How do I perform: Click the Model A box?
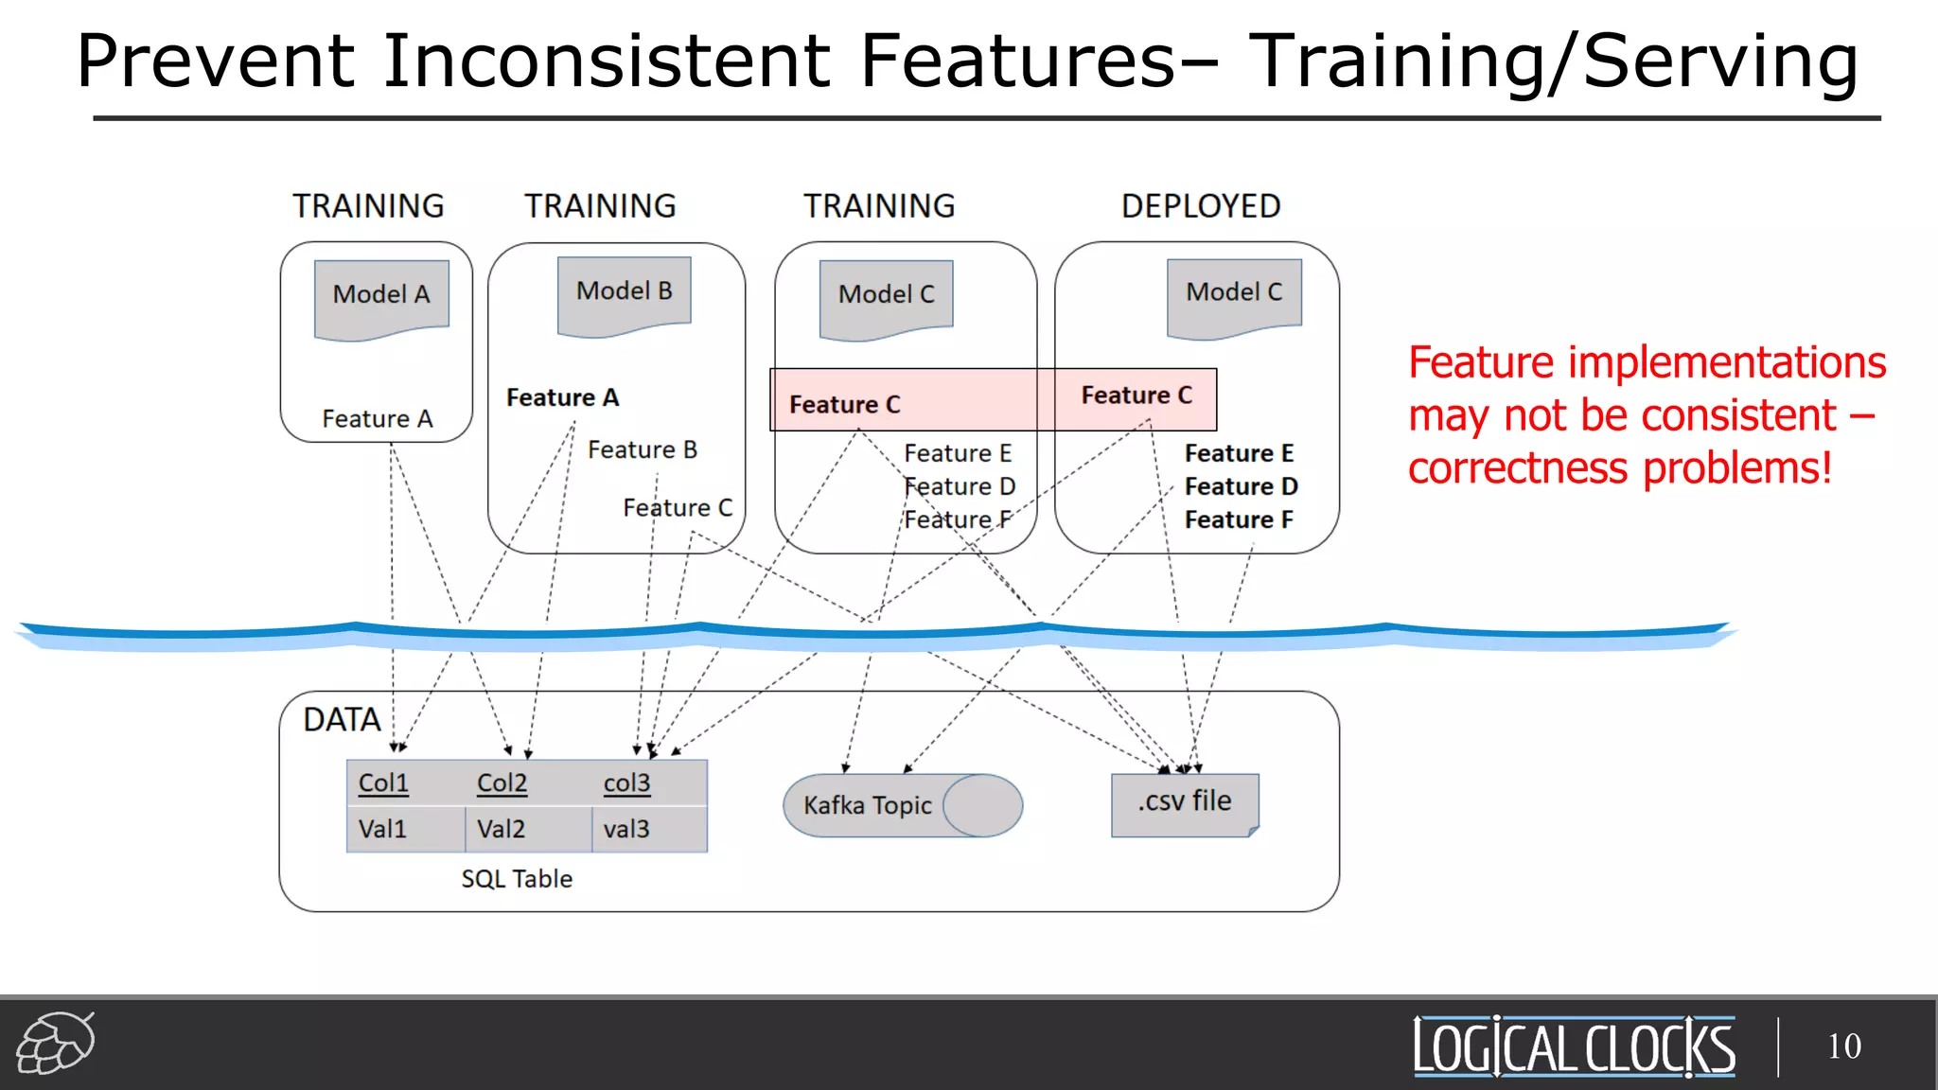tap(381, 297)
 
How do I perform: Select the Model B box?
tap(624, 294)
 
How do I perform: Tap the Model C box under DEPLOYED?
tap(1234, 295)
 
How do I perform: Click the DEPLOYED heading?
tap(1200, 206)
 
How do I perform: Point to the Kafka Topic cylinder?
tap(902, 805)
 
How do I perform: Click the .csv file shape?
tap(1185, 803)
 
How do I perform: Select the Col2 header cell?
tap(502, 783)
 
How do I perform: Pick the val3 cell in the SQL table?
tap(626, 830)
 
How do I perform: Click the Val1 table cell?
tap(382, 830)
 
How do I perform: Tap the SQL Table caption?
tap(517, 879)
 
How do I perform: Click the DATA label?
tap(342, 720)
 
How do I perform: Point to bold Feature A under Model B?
tap(562, 398)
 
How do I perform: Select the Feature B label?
tap(642, 450)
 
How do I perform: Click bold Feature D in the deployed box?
tap(1241, 486)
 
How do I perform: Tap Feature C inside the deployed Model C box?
tap(1136, 396)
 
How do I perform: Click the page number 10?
tap(1843, 1046)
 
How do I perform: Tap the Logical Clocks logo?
tap(1574, 1046)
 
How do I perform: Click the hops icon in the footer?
tap(56, 1043)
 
